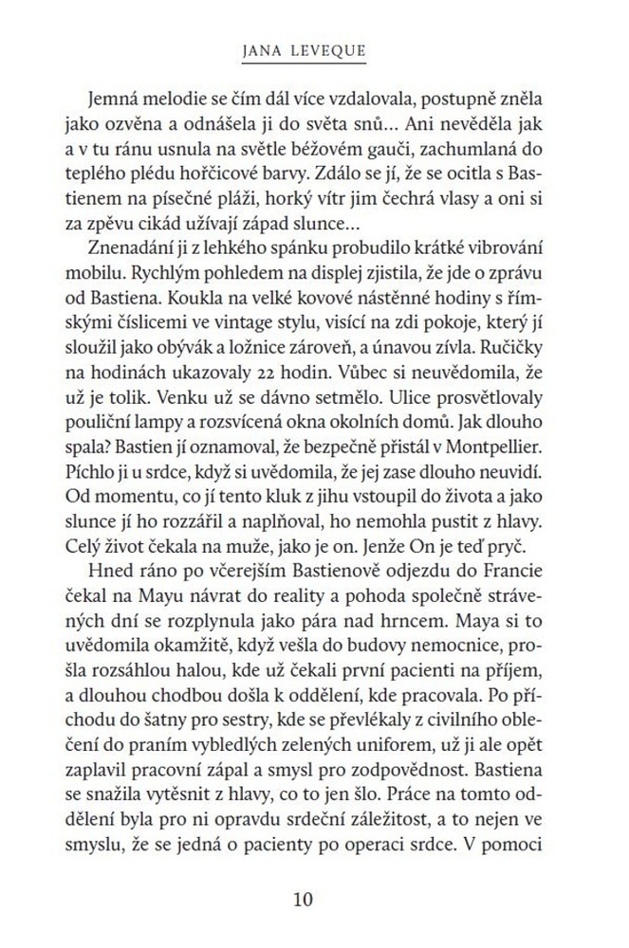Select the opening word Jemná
coord(112,100)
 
